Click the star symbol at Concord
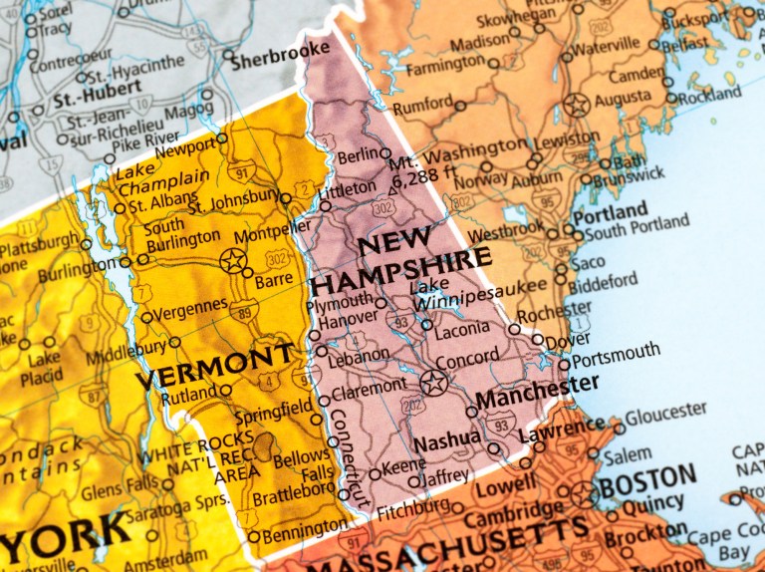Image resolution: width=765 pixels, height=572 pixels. (433, 382)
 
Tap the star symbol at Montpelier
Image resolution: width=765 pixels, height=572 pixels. (232, 261)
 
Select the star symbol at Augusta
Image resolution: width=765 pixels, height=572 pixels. (576, 104)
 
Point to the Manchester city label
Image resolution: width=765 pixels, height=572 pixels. (538, 390)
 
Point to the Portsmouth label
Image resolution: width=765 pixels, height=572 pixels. (616, 352)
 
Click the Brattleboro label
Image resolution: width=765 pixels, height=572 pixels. (295, 490)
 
